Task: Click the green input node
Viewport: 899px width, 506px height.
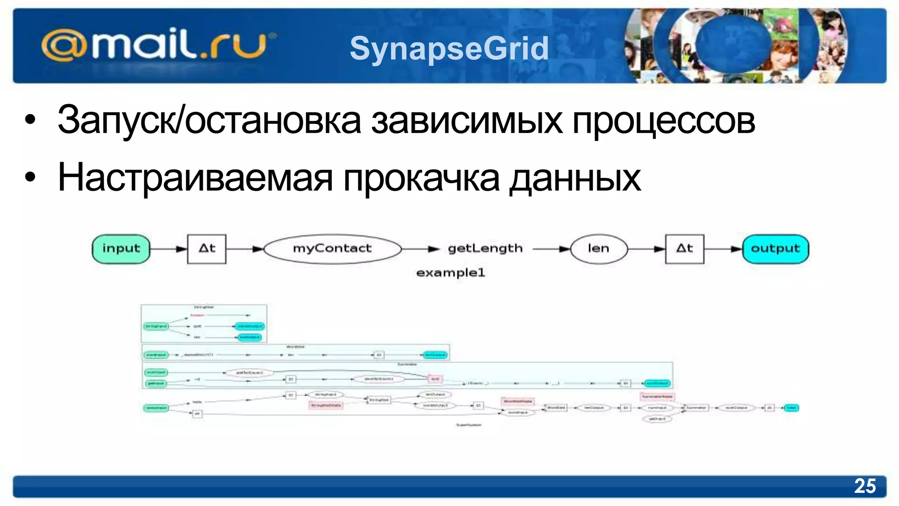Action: pos(121,249)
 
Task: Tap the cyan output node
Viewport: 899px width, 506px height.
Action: pos(775,249)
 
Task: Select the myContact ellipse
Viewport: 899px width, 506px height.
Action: pos(332,249)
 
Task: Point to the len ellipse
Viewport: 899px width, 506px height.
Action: pos(598,249)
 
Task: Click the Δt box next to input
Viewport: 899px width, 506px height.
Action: pos(207,249)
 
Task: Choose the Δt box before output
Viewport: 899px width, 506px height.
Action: pos(684,249)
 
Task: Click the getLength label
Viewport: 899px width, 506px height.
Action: pos(485,249)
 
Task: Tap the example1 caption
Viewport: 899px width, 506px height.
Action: pos(450,273)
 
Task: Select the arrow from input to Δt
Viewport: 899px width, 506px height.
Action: pos(169,249)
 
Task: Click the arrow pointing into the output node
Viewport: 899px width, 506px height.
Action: pos(723,249)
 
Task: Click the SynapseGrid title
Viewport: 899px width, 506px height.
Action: pos(449,48)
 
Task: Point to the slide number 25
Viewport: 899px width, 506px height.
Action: pos(865,486)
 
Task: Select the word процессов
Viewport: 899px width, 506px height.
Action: pos(664,120)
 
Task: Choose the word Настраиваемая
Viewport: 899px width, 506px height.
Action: pos(195,177)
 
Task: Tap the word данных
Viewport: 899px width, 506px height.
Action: pos(575,177)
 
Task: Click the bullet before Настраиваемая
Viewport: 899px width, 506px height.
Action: pos(30,177)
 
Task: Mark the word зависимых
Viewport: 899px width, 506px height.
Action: pos(467,120)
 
